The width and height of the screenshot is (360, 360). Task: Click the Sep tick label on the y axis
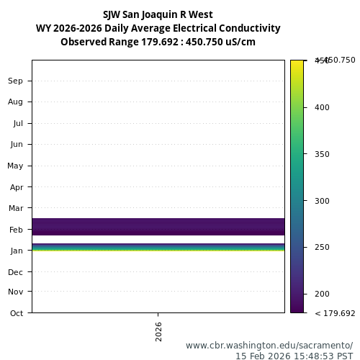point(15,81)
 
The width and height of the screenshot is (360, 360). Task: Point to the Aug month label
point(15,102)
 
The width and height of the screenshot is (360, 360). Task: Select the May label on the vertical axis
point(15,166)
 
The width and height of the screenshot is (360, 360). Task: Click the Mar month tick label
point(16,208)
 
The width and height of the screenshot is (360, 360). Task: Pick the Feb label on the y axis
point(16,229)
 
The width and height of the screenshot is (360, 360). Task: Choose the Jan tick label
point(16,250)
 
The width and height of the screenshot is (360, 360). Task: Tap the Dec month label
point(16,271)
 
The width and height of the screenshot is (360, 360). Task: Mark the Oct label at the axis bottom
point(16,312)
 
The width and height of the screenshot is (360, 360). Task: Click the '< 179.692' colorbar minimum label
point(335,313)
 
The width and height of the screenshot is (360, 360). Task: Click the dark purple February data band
point(158,226)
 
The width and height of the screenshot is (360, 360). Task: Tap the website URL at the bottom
point(269,345)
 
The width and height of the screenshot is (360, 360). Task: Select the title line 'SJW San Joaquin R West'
point(158,14)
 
